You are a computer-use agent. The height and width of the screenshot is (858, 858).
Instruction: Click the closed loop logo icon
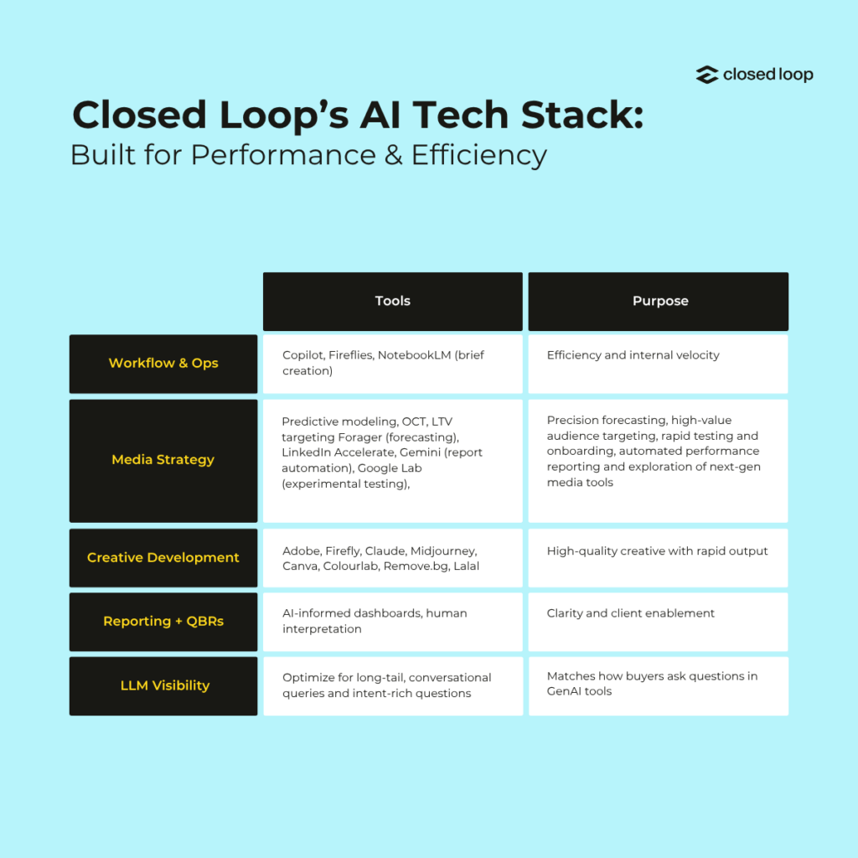[x=707, y=75]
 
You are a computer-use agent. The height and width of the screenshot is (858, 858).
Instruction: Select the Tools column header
[x=393, y=302]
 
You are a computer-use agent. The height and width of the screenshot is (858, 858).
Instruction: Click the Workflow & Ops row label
[x=163, y=364]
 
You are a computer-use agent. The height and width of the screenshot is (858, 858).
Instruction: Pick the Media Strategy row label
[x=163, y=461]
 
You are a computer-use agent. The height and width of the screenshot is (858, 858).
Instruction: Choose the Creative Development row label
[x=163, y=557]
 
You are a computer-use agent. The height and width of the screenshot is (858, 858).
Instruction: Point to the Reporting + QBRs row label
[x=163, y=622]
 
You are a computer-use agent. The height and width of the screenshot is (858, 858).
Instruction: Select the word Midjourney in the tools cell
[x=444, y=551]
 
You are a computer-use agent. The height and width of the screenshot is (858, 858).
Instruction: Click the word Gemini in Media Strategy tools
[x=420, y=452]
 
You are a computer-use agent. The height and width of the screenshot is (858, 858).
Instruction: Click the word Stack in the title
[x=582, y=115]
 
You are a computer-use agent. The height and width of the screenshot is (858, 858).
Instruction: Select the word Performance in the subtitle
[x=283, y=155]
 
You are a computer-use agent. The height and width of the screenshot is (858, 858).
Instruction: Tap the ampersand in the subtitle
[x=394, y=155]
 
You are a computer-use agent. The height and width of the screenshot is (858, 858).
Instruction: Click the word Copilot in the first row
[x=303, y=355]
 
